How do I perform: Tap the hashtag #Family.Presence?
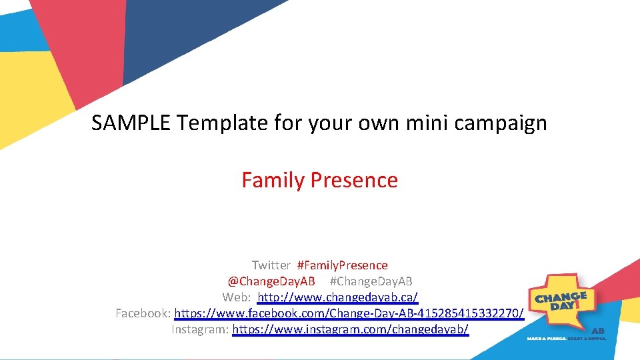point(342,265)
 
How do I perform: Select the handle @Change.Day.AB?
point(271,281)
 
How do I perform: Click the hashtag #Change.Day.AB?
point(371,281)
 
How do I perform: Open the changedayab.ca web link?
point(337,297)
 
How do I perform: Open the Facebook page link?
point(349,313)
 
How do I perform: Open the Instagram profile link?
point(350,329)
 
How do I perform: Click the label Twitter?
point(271,265)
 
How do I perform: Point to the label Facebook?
point(143,313)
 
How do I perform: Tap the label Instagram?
point(200,329)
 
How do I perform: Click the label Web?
point(236,297)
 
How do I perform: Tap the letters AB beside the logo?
point(598,331)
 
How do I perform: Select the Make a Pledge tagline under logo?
point(566,339)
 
